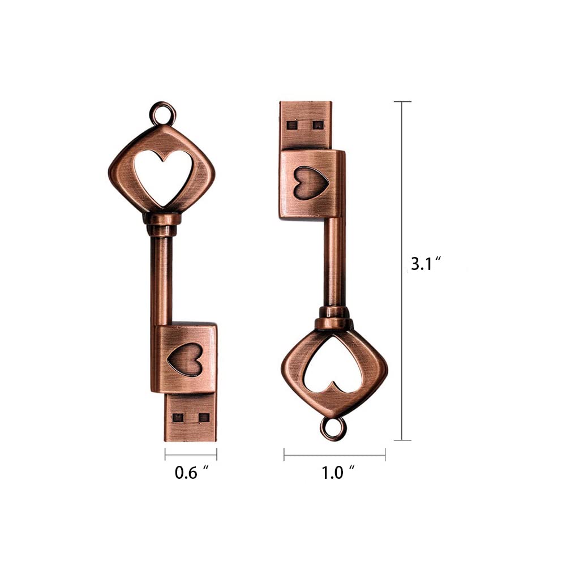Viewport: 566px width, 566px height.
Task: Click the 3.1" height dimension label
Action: (x=426, y=264)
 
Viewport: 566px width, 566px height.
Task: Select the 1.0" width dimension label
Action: (x=338, y=473)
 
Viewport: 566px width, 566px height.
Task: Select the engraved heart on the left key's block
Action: (x=185, y=359)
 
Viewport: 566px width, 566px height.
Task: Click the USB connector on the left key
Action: (x=190, y=417)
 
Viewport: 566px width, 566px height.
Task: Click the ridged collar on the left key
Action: (x=162, y=224)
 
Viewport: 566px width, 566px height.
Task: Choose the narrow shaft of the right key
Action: (x=334, y=260)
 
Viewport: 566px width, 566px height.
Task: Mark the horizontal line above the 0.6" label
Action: (x=191, y=454)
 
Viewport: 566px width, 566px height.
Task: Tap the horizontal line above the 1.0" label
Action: (x=335, y=454)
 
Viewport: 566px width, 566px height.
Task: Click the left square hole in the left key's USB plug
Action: (x=178, y=418)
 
